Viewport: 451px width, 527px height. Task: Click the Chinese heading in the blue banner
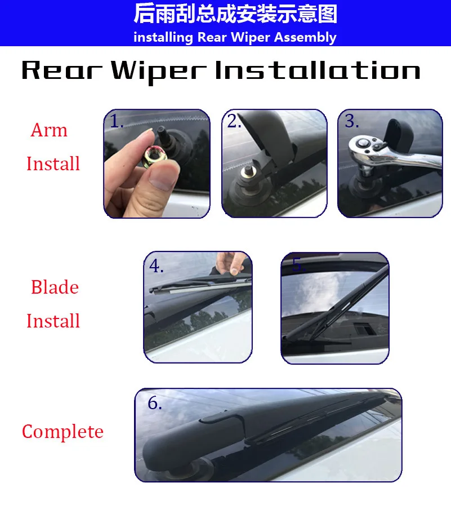(235, 14)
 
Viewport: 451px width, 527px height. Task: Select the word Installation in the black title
(318, 71)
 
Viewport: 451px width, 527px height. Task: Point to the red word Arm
(49, 130)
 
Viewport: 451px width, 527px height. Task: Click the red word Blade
(55, 287)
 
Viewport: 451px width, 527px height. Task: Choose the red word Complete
(62, 432)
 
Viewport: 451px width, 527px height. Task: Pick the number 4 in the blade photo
(156, 266)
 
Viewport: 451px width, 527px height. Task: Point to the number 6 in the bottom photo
(154, 404)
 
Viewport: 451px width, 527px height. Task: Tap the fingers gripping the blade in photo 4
(228, 262)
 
